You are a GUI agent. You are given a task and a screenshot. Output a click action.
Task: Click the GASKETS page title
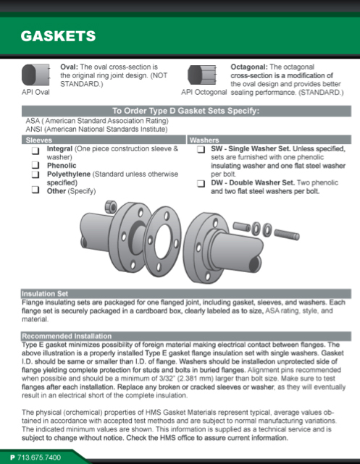tap(59, 36)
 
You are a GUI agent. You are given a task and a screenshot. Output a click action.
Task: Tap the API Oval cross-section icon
tap(35, 75)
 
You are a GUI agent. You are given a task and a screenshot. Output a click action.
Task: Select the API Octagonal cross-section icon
tap(202, 75)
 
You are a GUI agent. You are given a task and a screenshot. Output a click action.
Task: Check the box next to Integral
tap(35, 151)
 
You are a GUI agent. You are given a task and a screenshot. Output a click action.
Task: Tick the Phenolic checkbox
tap(35, 165)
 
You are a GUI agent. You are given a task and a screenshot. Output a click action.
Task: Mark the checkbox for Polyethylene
tap(35, 174)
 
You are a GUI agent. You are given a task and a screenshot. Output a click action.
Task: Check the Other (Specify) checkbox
tap(35, 190)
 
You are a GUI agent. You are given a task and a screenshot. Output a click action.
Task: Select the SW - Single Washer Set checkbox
tap(201, 149)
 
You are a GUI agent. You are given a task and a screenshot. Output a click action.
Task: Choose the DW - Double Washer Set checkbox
tap(201, 183)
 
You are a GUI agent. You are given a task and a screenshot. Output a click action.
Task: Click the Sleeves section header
tap(39, 140)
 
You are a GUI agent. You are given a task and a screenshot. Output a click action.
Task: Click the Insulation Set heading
tap(45, 294)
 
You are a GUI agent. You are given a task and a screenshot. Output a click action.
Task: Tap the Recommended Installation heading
tap(67, 336)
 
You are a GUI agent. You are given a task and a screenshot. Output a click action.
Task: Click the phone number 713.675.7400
tap(39, 457)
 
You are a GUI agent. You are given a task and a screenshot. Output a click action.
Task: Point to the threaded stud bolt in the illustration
tap(287, 234)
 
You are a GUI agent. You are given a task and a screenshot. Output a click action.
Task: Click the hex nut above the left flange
tap(111, 206)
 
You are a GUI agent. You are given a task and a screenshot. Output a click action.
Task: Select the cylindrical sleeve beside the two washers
tap(242, 227)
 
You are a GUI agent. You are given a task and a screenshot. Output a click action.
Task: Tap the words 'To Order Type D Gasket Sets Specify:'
tap(185, 111)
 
